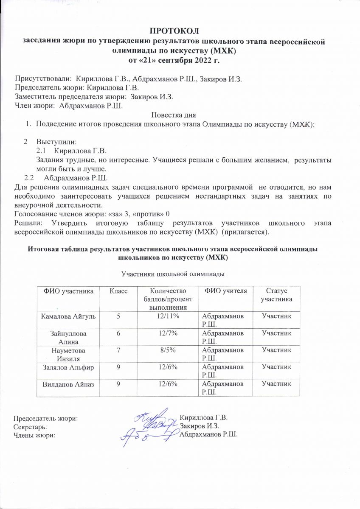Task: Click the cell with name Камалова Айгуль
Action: [x=65, y=316]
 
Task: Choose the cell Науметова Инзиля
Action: [x=65, y=354]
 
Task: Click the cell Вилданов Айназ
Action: [x=65, y=384]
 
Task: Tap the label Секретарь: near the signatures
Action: [x=31, y=426]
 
